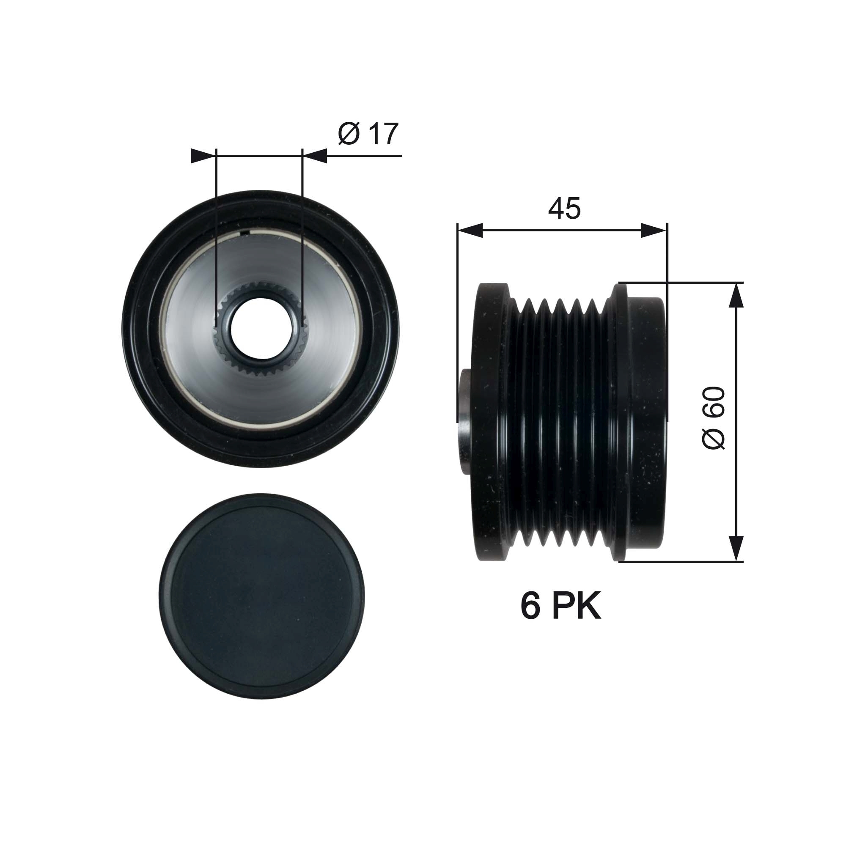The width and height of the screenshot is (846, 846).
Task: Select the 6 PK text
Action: pos(560,607)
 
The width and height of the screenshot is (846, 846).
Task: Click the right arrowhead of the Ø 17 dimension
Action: pos(315,156)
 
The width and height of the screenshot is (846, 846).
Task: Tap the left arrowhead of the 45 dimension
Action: pos(470,231)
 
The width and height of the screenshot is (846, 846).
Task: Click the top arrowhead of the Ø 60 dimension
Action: pos(737,296)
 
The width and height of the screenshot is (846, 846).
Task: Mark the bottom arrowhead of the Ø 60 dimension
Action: pos(737,548)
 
